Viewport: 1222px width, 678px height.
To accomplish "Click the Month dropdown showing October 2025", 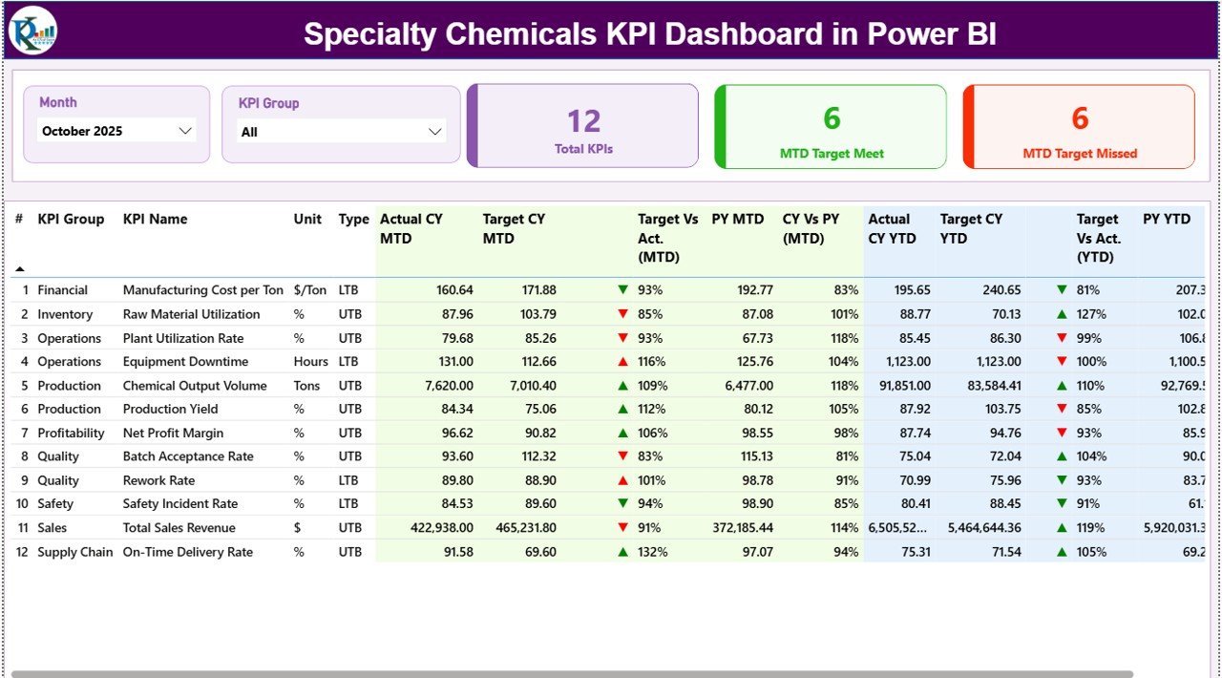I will click(x=116, y=131).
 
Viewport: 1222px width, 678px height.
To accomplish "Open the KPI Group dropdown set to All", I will click(x=341, y=132).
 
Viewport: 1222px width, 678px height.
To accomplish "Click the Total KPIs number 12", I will click(x=583, y=121).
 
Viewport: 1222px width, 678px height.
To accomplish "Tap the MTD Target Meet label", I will click(x=832, y=153).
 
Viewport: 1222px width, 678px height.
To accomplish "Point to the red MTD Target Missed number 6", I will click(x=1080, y=117).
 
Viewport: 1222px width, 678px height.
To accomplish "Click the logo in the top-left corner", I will click(x=33, y=31).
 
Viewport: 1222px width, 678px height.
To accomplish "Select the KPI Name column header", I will click(x=155, y=219).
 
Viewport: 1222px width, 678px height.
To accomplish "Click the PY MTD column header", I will click(x=737, y=219).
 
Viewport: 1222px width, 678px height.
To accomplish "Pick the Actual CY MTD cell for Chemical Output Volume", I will click(x=441, y=386).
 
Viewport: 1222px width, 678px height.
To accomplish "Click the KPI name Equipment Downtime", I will click(x=185, y=362).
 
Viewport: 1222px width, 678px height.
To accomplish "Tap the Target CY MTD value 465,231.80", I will click(x=519, y=528).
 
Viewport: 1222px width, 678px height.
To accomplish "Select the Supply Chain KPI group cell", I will click(x=75, y=552).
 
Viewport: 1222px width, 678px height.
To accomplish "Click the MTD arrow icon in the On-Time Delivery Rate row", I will click(x=622, y=552).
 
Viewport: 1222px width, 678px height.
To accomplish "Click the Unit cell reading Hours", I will click(x=310, y=362).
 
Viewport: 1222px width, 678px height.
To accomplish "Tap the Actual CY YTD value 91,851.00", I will click(x=899, y=386).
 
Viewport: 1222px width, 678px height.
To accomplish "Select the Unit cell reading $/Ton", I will click(x=310, y=290).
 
